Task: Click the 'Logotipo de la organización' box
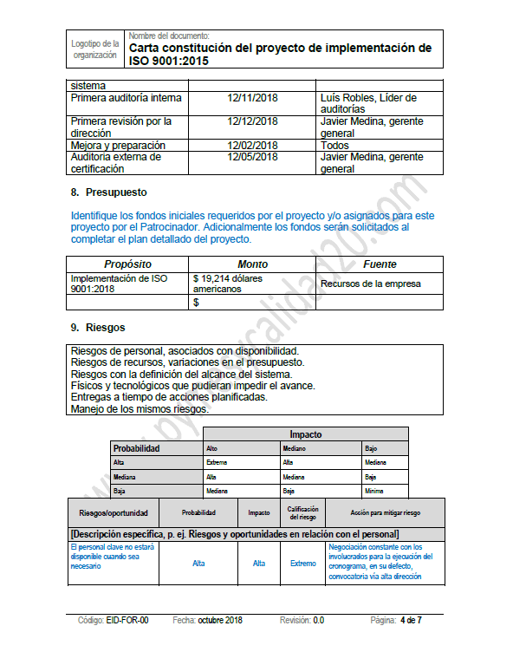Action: tap(95, 49)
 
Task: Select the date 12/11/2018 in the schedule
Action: tap(252, 98)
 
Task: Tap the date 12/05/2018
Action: tap(252, 157)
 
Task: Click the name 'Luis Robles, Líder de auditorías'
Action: tap(368, 103)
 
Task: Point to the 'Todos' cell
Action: tap(334, 146)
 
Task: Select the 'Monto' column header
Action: tap(252, 264)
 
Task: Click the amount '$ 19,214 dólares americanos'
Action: tap(227, 284)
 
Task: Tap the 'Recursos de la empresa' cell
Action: tap(370, 284)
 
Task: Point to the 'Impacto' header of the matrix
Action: tap(305, 434)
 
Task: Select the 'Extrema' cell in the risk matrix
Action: tap(218, 462)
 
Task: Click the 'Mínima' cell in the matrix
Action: tap(374, 491)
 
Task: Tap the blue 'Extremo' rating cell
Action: tap(302, 564)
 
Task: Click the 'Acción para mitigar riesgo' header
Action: tap(385, 512)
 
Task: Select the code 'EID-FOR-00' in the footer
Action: tap(127, 621)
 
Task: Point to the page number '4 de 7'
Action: tap(411, 621)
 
